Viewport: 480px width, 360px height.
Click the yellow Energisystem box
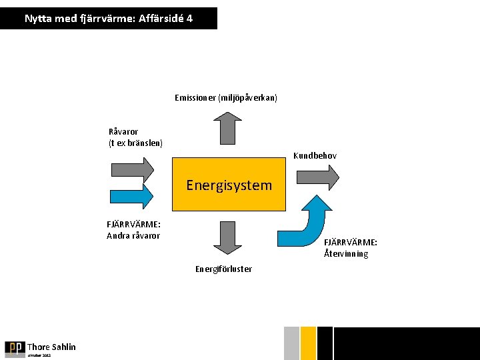coord(229,185)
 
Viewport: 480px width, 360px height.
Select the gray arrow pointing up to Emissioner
coord(229,128)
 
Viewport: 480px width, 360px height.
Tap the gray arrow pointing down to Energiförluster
coord(229,238)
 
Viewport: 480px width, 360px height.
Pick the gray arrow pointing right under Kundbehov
coord(317,177)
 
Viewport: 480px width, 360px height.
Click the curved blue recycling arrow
coord(307,223)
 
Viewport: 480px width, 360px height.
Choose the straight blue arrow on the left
coord(131,195)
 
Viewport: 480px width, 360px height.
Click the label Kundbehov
coord(315,156)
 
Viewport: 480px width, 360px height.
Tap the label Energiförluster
coord(223,269)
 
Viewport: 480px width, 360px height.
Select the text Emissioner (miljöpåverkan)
coord(226,98)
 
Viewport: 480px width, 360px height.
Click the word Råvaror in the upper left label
coord(123,132)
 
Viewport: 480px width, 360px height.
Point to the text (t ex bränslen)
coord(135,143)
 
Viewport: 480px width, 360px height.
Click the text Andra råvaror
coord(133,235)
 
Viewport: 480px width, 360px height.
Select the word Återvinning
coord(346,254)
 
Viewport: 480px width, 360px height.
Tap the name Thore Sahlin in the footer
coord(51,347)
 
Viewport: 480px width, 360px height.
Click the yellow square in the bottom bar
coord(308,343)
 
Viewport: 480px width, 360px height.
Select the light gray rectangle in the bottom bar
coord(291,343)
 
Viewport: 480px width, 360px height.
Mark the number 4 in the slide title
coord(190,19)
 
